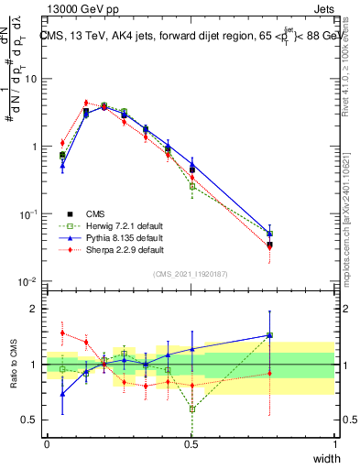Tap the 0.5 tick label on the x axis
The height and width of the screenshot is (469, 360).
click(x=191, y=444)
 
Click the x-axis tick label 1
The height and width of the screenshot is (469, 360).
click(x=334, y=444)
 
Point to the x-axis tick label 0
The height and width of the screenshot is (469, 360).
click(x=47, y=444)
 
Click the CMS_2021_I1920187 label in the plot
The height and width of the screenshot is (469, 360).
click(x=191, y=274)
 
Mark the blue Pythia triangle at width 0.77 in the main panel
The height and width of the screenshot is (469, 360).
click(x=269, y=234)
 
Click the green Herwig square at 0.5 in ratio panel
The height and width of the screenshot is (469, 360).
click(x=192, y=409)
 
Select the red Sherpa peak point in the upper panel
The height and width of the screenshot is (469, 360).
click(x=86, y=103)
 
